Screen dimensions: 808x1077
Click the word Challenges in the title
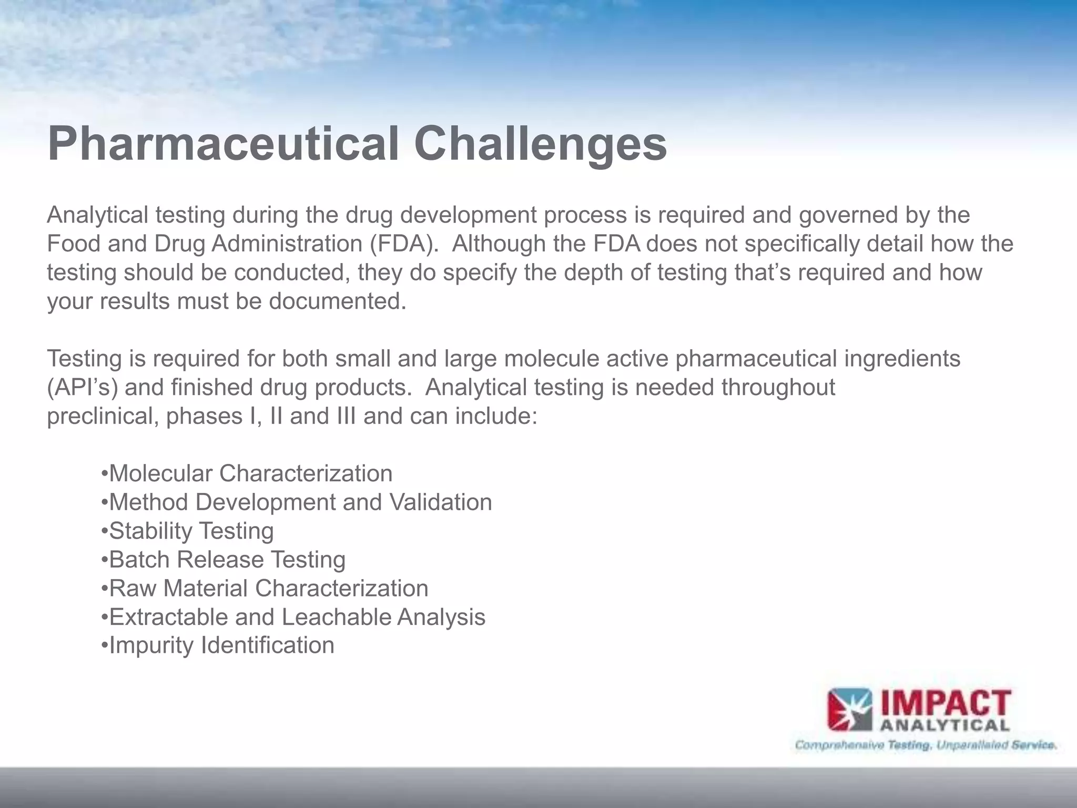click(540, 144)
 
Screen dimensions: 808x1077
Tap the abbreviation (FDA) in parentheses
click(403, 244)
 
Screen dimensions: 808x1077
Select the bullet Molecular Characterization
click(247, 473)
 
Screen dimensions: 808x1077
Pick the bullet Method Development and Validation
click(297, 502)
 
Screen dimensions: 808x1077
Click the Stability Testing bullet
click(188, 531)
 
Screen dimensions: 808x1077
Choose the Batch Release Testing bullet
click(223, 560)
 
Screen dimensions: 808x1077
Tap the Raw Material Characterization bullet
click(265, 588)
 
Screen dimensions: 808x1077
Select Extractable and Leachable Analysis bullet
click(293, 617)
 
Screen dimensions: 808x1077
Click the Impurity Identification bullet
click(218, 645)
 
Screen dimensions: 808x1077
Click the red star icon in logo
click(849, 711)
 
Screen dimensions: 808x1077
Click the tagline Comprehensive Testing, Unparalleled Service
click(926, 745)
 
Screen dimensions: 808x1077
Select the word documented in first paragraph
click(338, 301)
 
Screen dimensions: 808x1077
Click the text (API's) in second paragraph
click(83, 388)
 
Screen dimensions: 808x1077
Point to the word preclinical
click(103, 417)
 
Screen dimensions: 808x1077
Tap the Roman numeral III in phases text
click(343, 417)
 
